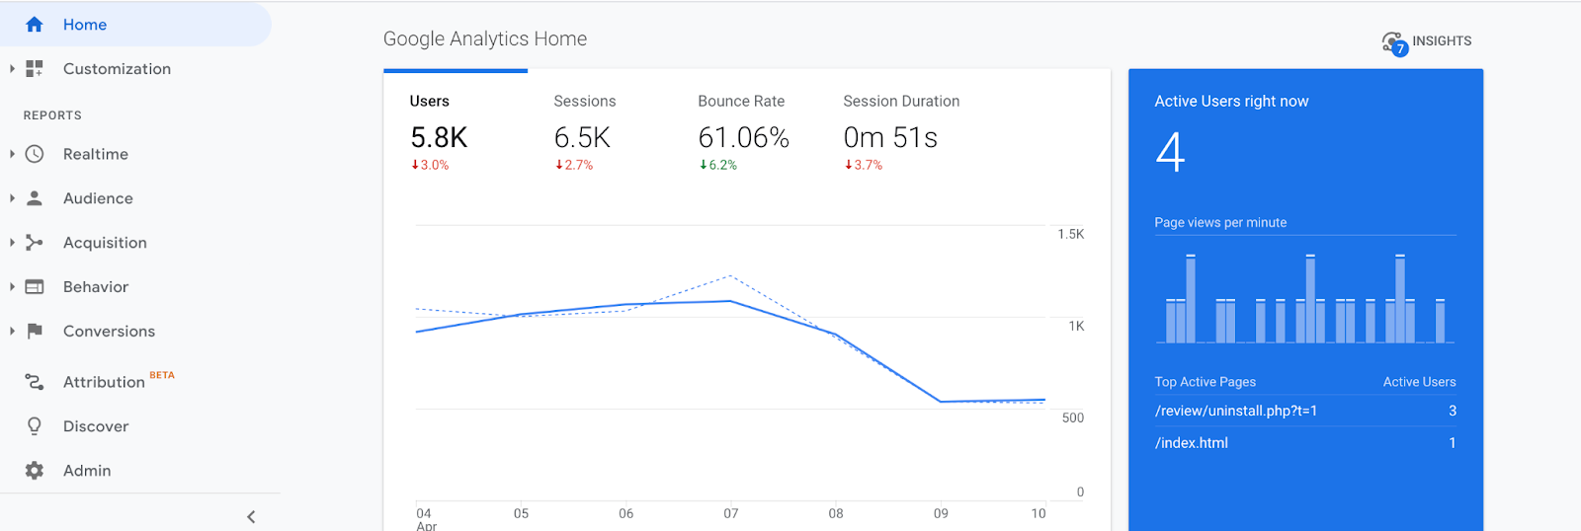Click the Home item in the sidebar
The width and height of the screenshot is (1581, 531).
(x=84, y=25)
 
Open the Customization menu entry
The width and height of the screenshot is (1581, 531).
(x=117, y=69)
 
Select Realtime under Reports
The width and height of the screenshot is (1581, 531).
(x=95, y=154)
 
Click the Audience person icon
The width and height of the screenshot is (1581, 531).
(x=35, y=198)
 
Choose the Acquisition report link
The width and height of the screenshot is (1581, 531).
(x=105, y=243)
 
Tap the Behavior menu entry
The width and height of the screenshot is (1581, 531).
(x=95, y=287)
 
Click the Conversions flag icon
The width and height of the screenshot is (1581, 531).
(x=35, y=332)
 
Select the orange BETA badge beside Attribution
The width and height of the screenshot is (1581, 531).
(x=162, y=375)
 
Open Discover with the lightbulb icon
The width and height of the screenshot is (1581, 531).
(x=95, y=426)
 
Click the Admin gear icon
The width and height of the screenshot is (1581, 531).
(x=35, y=471)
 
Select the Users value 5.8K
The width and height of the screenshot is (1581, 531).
(x=439, y=138)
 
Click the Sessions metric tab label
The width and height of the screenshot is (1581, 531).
(x=584, y=102)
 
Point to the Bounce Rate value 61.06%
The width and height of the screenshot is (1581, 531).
(x=743, y=138)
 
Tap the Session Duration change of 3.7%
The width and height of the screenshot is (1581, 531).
(x=864, y=166)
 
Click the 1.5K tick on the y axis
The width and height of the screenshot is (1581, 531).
(x=1070, y=235)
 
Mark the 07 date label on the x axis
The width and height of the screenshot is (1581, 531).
(x=730, y=513)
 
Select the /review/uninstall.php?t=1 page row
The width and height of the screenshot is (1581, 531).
(x=1235, y=411)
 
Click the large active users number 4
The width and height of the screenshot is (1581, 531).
(x=1170, y=153)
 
